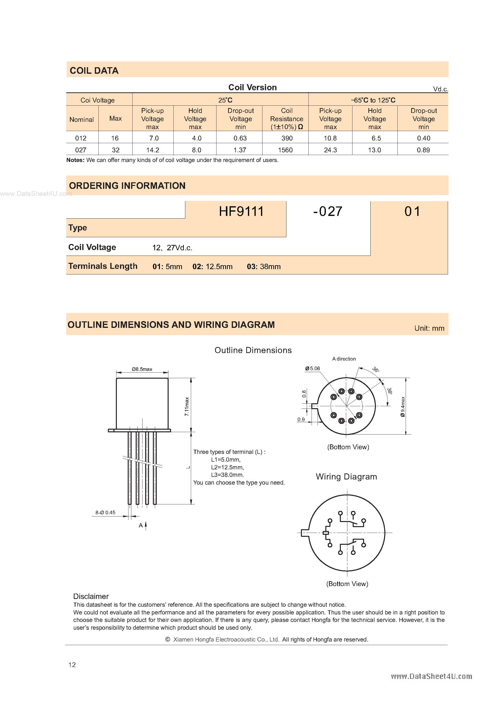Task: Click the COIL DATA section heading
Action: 94,71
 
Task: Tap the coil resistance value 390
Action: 287,138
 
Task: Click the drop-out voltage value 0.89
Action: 423,150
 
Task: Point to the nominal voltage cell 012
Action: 81,138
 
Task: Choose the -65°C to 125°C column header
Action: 373,100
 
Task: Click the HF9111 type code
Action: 241,212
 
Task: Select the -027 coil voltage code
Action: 328,212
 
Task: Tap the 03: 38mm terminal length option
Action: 264,267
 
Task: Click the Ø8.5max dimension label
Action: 142,369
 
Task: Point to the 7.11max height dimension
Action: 187,406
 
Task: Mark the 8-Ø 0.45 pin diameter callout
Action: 105,512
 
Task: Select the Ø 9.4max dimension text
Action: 403,406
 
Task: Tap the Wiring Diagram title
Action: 346,477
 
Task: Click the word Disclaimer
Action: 91,596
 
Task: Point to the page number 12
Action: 72,664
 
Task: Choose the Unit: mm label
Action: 429,328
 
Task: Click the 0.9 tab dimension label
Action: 301,420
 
